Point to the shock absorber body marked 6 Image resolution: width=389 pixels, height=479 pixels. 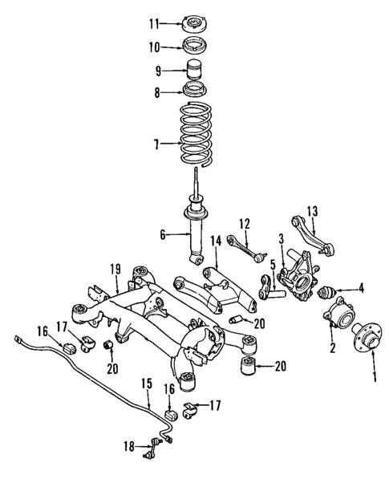tap(196, 236)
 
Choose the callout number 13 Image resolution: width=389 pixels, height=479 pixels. tap(312, 210)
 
